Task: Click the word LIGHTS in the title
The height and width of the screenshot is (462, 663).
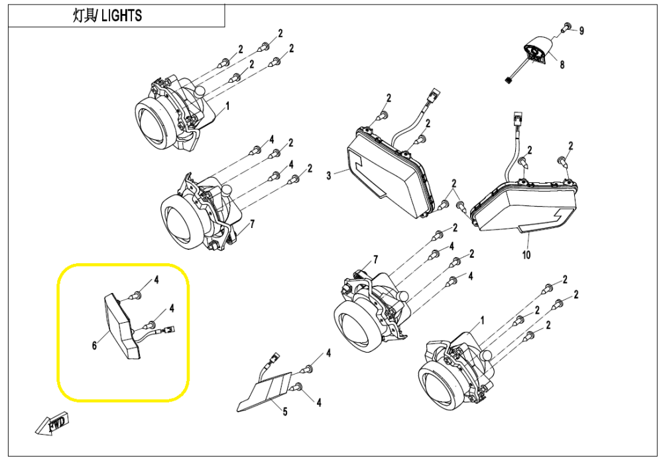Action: click(x=122, y=16)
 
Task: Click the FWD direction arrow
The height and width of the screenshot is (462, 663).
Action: click(x=52, y=423)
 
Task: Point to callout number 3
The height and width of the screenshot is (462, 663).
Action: click(x=329, y=175)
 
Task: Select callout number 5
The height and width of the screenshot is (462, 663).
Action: click(x=285, y=411)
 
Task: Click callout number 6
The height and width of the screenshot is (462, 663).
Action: click(x=94, y=345)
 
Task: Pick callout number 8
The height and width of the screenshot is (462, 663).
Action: click(x=562, y=65)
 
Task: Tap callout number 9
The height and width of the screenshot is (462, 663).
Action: click(x=581, y=31)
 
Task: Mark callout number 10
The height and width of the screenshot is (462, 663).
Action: click(x=526, y=255)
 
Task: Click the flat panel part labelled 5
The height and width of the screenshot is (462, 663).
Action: click(x=265, y=391)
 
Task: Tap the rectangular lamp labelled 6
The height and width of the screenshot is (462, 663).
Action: click(x=122, y=325)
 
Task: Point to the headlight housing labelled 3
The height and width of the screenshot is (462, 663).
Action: click(x=390, y=171)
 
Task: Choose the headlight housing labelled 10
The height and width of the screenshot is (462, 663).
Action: click(x=526, y=204)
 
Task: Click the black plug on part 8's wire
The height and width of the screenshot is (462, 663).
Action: click(x=509, y=78)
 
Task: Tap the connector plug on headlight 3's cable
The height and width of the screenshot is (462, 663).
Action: click(x=434, y=95)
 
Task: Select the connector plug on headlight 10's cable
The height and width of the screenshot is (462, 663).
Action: click(x=517, y=119)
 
